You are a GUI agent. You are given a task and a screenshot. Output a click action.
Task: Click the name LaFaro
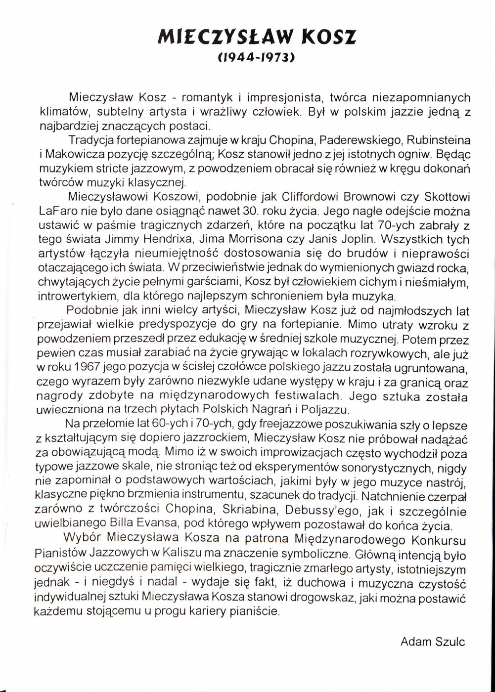pos(55,209)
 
